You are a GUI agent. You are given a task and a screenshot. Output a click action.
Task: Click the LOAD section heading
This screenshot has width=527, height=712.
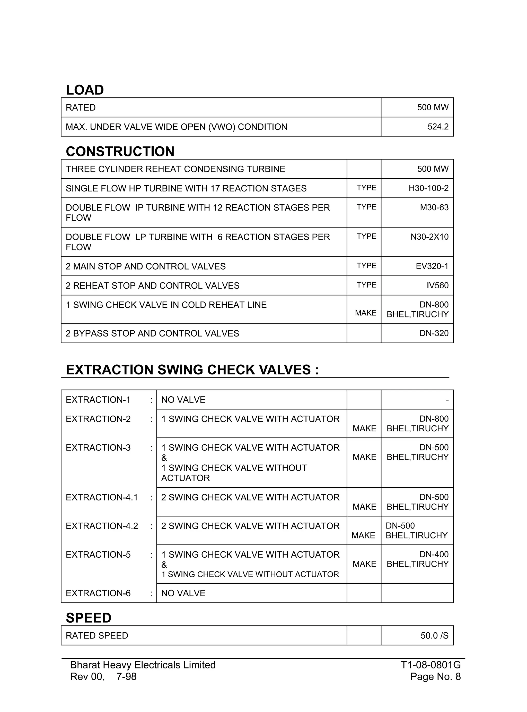tap(85, 90)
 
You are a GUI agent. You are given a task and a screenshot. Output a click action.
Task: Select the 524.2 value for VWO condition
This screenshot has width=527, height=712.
tap(438, 127)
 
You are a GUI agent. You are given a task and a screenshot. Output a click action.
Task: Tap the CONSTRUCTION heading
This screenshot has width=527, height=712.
tap(120, 152)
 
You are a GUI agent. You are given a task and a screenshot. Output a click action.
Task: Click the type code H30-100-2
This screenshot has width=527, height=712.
tap(428, 188)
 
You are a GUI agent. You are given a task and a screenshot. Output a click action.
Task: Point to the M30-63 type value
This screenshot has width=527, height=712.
tap(434, 208)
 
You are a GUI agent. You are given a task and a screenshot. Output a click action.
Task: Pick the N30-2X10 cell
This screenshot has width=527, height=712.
tap(429, 237)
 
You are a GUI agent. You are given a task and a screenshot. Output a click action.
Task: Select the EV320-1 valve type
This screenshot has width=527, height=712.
tap(432, 266)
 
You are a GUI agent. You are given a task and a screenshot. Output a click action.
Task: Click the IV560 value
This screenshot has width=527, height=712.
tap(437, 286)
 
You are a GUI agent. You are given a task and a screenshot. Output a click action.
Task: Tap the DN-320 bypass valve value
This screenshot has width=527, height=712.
tap(434, 333)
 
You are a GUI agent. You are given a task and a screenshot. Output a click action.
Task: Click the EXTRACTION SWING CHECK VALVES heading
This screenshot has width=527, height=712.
tap(192, 370)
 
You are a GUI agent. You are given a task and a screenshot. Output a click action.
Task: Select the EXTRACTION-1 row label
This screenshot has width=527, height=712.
tap(98, 400)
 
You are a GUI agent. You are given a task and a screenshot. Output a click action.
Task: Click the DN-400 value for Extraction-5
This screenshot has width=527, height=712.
tap(434, 555)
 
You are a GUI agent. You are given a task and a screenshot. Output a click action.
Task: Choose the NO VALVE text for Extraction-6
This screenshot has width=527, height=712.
tap(183, 593)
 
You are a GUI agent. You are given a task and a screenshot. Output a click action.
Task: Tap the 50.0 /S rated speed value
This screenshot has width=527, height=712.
tap(434, 636)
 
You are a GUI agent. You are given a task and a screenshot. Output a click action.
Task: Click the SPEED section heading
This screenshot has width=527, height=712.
tap(88, 618)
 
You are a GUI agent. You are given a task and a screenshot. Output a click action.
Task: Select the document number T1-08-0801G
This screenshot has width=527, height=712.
tap(430, 665)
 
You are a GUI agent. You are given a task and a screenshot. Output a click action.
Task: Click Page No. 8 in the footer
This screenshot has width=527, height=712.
tap(435, 676)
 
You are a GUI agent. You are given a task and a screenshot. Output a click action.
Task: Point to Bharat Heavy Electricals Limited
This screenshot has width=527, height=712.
tap(143, 665)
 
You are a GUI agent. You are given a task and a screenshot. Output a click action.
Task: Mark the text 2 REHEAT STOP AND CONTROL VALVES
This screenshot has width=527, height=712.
tap(153, 286)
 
